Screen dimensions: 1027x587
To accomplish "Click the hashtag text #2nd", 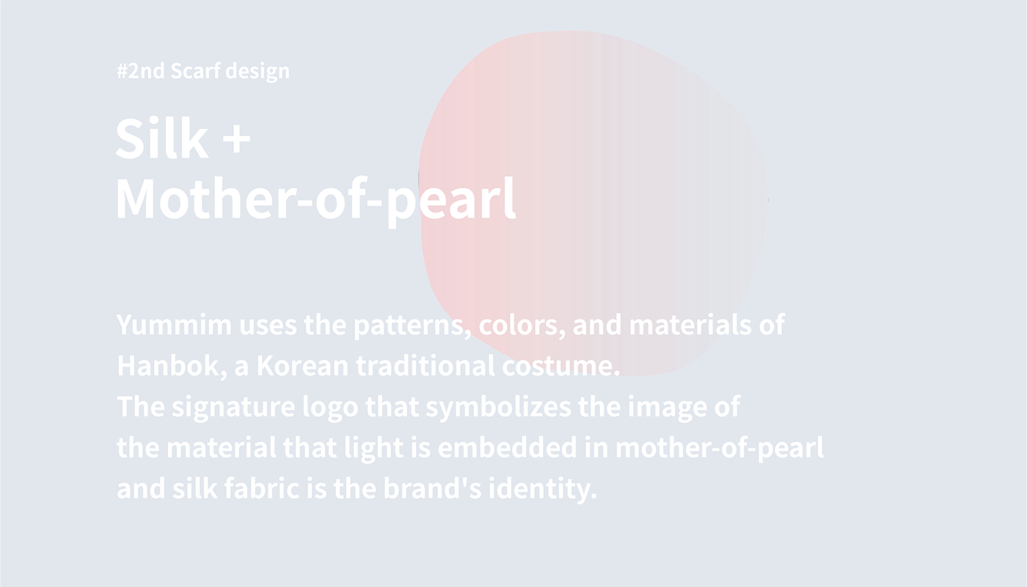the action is pyautogui.click(x=140, y=71).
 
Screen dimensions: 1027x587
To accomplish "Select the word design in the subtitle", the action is pyautogui.click(x=257, y=72).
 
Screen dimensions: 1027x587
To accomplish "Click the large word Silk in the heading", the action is pyautogui.click(x=162, y=138).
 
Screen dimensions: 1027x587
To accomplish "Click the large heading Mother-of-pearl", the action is pyautogui.click(x=316, y=201).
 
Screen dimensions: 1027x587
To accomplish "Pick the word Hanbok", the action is pyautogui.click(x=172, y=366).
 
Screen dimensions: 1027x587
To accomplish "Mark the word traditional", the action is pyautogui.click(x=425, y=366).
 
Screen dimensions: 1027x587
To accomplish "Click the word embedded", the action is pyautogui.click(x=507, y=448).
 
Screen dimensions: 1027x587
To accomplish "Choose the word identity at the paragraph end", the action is pyautogui.click(x=543, y=490).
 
